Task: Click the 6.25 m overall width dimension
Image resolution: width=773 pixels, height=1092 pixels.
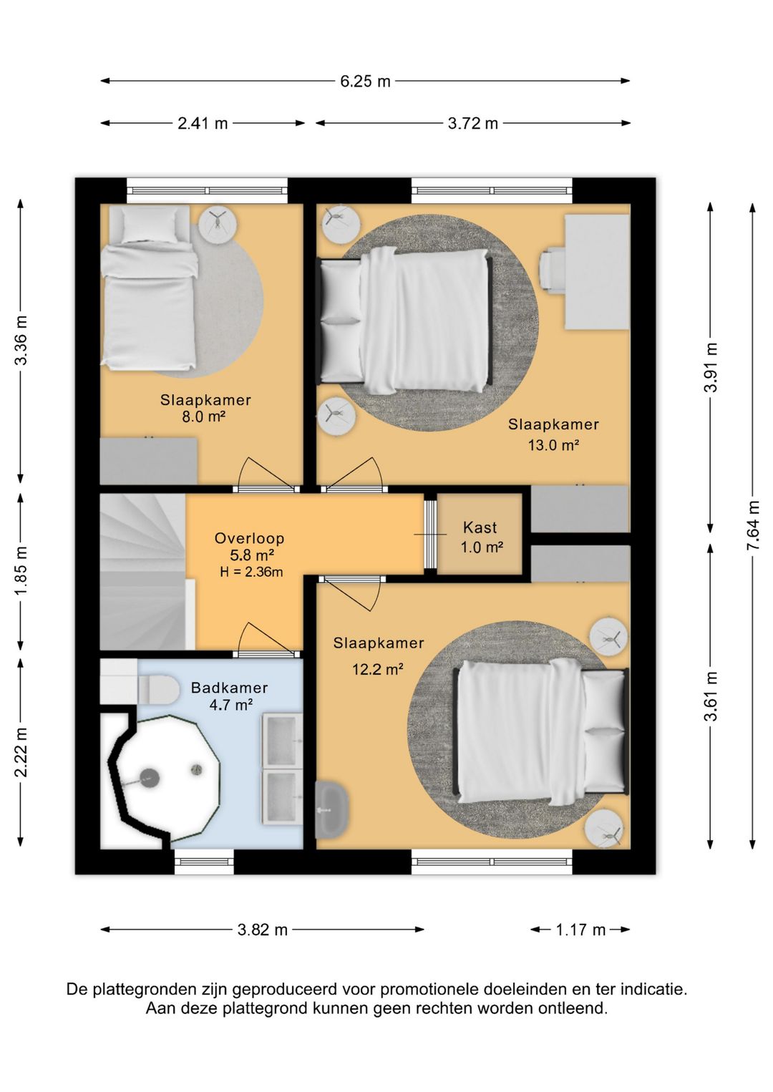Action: (365, 81)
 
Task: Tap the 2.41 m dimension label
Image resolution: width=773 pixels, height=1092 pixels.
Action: (203, 123)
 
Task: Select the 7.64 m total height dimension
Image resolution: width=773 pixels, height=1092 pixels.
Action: (752, 525)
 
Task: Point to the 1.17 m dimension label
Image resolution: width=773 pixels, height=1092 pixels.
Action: (580, 930)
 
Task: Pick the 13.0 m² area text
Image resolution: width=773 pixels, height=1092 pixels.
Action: (553, 444)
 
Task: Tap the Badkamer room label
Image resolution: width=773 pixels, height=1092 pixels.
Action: (229, 688)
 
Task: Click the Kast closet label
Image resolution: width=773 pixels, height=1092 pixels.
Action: (480, 527)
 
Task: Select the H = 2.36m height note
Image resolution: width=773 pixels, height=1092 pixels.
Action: (251, 572)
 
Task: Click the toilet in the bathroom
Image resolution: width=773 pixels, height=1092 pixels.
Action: (157, 689)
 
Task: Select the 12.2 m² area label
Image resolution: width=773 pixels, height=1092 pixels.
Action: (377, 669)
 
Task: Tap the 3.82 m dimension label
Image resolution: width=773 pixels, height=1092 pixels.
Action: (263, 930)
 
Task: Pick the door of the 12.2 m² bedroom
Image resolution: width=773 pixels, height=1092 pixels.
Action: (351, 594)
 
